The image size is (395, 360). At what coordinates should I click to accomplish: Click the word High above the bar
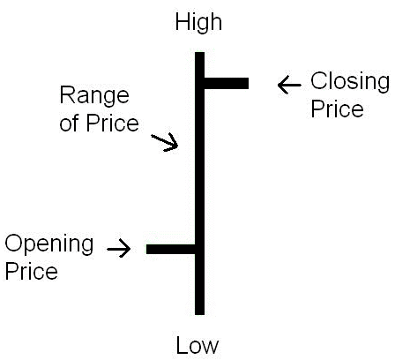click(198, 23)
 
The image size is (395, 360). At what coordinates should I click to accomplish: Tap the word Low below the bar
click(197, 345)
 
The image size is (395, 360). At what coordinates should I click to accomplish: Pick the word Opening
click(49, 245)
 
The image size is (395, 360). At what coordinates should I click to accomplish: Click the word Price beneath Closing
click(337, 109)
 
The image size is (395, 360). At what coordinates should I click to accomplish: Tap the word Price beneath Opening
click(32, 271)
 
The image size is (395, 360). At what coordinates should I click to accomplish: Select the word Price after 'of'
click(112, 123)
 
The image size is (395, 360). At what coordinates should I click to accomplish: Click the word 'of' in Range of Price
click(70, 123)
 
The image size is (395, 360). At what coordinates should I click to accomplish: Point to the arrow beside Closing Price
click(289, 85)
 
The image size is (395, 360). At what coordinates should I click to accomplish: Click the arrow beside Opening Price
click(119, 249)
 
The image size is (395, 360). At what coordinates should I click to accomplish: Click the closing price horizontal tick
click(227, 83)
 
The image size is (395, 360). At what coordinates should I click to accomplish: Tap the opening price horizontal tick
click(171, 249)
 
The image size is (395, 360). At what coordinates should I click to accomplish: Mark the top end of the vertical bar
click(199, 52)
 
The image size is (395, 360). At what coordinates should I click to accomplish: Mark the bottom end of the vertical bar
click(199, 315)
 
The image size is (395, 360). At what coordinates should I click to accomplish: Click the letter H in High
click(183, 22)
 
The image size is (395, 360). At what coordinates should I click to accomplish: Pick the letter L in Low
click(182, 345)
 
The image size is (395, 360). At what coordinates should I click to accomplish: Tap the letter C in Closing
click(319, 80)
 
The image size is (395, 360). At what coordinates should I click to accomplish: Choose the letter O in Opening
click(14, 243)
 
